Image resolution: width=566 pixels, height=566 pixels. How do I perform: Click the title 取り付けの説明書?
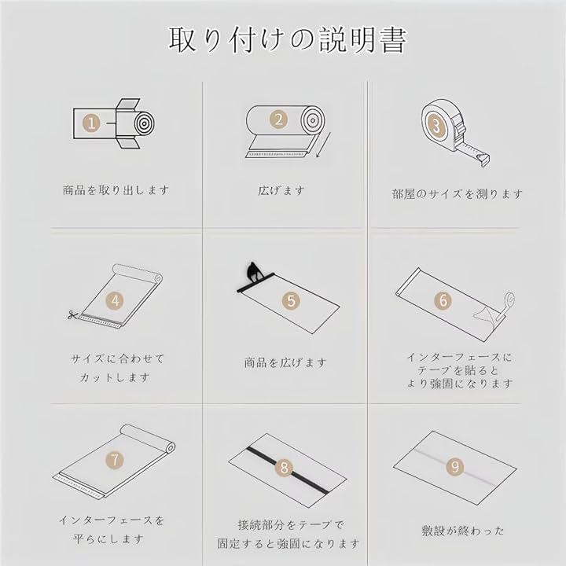tap(288, 40)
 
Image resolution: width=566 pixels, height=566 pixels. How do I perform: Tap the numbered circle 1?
tap(91, 123)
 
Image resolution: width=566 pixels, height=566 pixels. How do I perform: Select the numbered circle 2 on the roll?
tap(278, 119)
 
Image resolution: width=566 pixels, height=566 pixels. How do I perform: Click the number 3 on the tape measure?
tap(437, 126)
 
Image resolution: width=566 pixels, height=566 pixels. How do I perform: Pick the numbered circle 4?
tap(115, 300)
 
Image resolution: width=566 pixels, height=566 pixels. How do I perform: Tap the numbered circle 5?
tap(292, 300)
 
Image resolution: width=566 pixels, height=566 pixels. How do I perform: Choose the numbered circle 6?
tap(443, 300)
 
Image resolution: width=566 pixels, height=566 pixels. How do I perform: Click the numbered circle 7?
tap(115, 460)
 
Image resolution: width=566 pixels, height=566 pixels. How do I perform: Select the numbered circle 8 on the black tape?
tap(284, 468)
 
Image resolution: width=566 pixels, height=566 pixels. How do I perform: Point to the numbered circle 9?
tap(455, 467)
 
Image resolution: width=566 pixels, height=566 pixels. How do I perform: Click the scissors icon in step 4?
tap(72, 315)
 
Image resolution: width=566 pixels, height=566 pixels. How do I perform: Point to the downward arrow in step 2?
tap(323, 145)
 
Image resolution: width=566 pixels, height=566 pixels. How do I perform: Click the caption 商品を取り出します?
tap(116, 190)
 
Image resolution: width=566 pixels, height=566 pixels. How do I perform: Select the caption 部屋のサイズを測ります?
tap(458, 194)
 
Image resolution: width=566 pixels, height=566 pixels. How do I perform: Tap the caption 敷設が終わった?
tap(462, 531)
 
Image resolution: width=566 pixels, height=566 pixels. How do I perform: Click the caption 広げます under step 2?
tap(281, 190)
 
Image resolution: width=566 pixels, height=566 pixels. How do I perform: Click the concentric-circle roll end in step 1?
tap(145, 124)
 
